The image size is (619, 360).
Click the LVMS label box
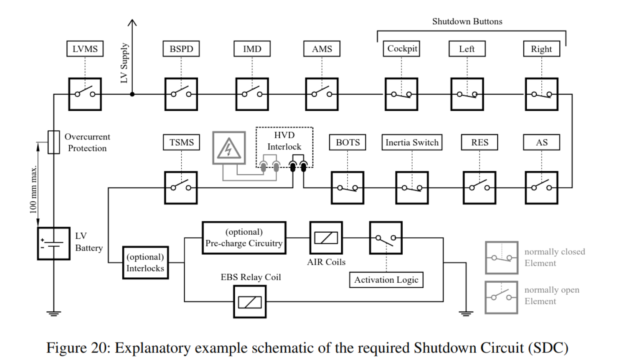tap(85, 49)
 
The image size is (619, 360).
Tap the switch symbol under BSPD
tap(181, 94)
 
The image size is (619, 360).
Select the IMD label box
tap(252, 49)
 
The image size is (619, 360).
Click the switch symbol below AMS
tap(322, 94)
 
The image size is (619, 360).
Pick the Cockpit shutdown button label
tap(402, 48)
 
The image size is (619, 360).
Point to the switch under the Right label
tap(541, 94)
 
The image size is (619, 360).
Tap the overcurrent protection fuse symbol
tap(53, 142)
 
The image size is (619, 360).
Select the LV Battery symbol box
tap(53, 243)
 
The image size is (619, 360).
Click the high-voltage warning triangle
tap(228, 148)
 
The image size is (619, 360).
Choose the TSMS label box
tap(181, 142)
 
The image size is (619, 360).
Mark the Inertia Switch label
tap(412, 142)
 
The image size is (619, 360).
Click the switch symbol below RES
tap(479, 188)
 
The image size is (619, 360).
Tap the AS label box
tap(541, 142)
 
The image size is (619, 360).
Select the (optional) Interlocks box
tap(145, 263)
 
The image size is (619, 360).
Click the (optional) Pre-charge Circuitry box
tap(244, 238)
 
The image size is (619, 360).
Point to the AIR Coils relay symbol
tap(326, 238)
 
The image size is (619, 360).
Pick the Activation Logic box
tap(386, 280)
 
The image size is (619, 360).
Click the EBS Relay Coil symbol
tap(249, 302)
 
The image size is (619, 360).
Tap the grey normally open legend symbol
tap(501, 297)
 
